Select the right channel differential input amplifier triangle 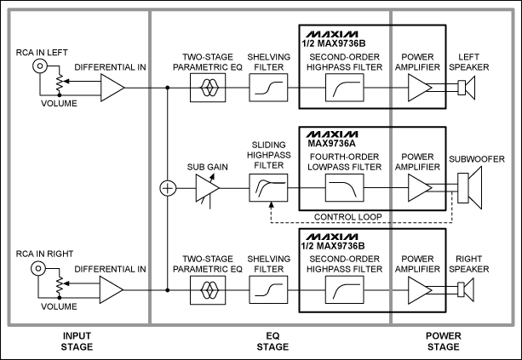click(x=112, y=289)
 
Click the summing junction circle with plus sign click(x=168, y=188)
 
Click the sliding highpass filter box click(x=267, y=188)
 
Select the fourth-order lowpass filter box click(x=345, y=188)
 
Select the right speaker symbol click(x=462, y=289)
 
